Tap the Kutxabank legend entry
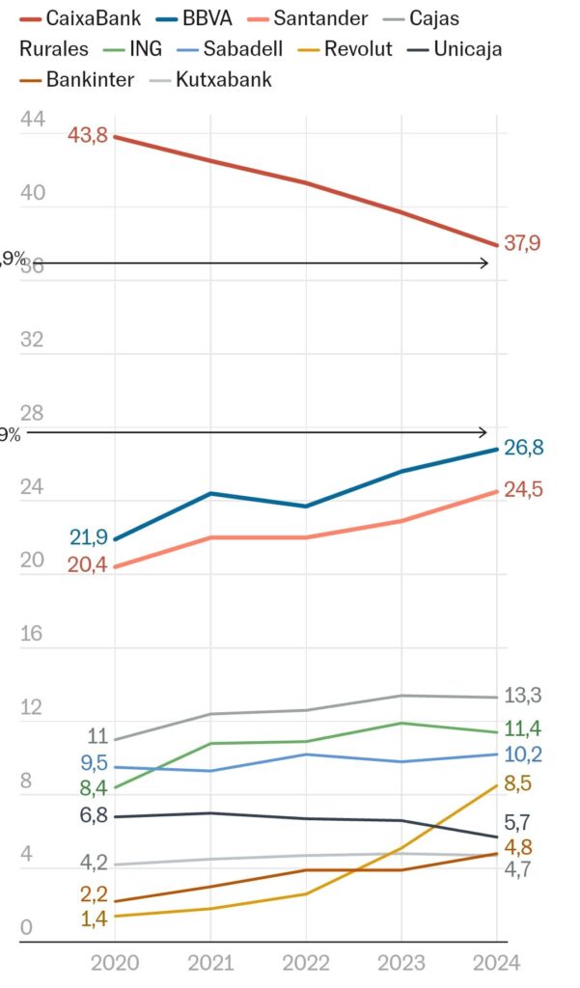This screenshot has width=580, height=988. (x=223, y=79)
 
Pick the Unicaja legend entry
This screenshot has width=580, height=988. (x=467, y=48)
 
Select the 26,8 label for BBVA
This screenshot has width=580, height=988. (x=523, y=448)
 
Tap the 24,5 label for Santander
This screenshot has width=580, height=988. (x=523, y=490)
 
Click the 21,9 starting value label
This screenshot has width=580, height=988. (x=87, y=536)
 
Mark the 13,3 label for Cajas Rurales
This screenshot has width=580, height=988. (x=523, y=696)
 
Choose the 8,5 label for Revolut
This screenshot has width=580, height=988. (x=519, y=783)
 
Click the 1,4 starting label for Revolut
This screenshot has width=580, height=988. (x=94, y=919)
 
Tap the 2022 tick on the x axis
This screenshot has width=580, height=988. (x=305, y=962)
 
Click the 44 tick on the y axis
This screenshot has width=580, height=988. (x=33, y=120)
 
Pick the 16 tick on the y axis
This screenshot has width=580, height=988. (x=33, y=633)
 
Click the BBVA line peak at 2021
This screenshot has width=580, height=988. (x=210, y=494)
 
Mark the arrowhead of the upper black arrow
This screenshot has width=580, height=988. (x=485, y=262)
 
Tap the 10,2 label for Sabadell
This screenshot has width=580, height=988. (x=523, y=754)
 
